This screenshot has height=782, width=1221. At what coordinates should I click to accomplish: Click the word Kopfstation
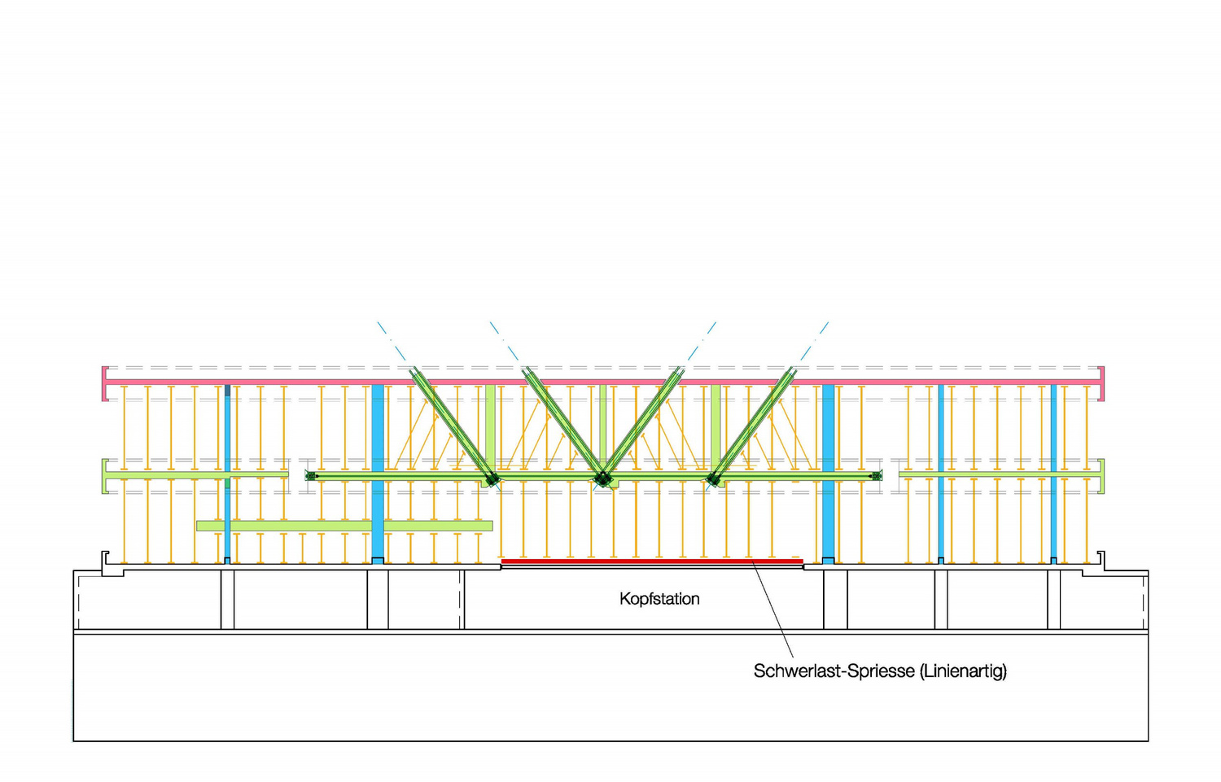pyautogui.click(x=659, y=599)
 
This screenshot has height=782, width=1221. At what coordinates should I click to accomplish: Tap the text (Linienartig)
pyautogui.click(x=963, y=671)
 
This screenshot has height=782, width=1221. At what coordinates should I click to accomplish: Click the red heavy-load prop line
pyautogui.click(x=652, y=561)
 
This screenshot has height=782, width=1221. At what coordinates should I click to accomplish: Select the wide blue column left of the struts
pyautogui.click(x=377, y=474)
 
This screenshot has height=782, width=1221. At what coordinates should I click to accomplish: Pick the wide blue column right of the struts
pyautogui.click(x=828, y=474)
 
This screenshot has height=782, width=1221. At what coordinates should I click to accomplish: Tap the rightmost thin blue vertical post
pyautogui.click(x=1053, y=474)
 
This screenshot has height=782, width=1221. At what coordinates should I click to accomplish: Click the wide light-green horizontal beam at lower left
pyautogui.click(x=344, y=526)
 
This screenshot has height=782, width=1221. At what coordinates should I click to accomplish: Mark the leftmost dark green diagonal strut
pyautogui.click(x=453, y=426)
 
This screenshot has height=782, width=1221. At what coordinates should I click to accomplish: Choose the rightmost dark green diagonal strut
pyautogui.click(x=751, y=426)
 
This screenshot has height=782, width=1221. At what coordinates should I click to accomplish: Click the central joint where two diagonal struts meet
pyautogui.click(x=603, y=479)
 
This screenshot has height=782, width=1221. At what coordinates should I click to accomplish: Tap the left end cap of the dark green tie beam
pyautogui.click(x=311, y=476)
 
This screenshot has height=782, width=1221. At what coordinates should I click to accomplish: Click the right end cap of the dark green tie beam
pyautogui.click(x=876, y=476)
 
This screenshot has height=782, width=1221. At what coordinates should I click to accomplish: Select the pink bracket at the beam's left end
pyautogui.click(x=105, y=383)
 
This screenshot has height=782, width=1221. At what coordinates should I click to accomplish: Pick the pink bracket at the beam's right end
pyautogui.click(x=1101, y=383)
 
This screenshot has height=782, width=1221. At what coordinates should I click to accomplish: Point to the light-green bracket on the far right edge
pyautogui.click(x=1101, y=476)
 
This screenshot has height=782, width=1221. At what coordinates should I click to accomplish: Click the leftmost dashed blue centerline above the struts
pyautogui.click(x=392, y=342)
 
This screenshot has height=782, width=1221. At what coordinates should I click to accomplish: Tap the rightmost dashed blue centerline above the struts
pyautogui.click(x=814, y=342)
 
